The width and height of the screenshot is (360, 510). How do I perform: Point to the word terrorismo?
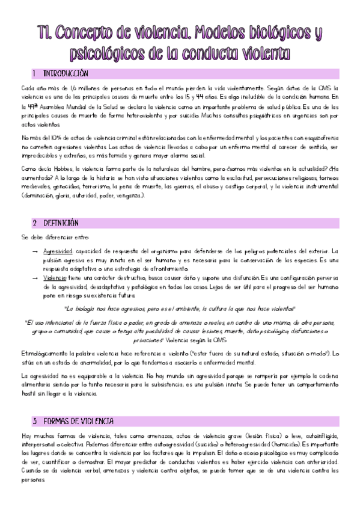(x=100, y=186)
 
